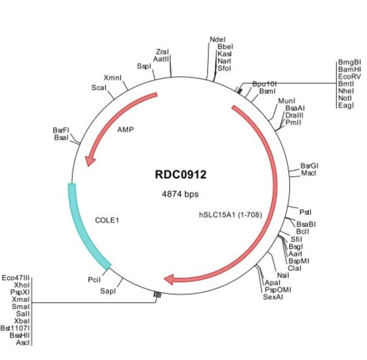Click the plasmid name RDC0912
[x=181, y=175]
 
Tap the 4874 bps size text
[x=181, y=194]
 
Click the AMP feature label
[x=125, y=129]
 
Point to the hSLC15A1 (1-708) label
[x=231, y=215]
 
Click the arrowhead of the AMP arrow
[x=89, y=161]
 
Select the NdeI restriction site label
[x=217, y=40]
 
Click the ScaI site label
[x=99, y=88]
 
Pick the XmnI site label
[x=112, y=77]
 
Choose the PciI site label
[x=94, y=279]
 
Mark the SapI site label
[x=108, y=291]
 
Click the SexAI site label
[x=273, y=296]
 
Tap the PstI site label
[x=305, y=212]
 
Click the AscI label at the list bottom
[x=23, y=342]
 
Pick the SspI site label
[x=144, y=66]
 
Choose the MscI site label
[x=309, y=173]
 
